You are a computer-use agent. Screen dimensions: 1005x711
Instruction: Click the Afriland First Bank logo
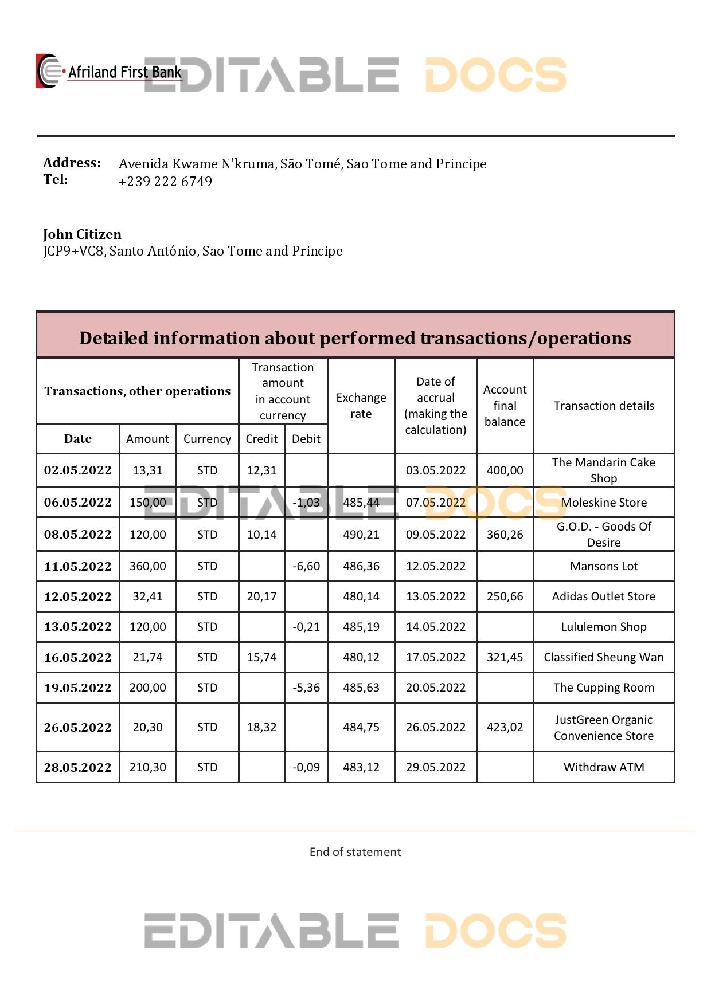click(x=109, y=72)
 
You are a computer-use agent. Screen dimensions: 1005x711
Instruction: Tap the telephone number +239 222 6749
click(x=165, y=182)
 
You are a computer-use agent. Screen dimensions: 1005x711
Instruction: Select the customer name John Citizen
click(x=82, y=234)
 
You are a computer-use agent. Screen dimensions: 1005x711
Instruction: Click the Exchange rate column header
click(x=361, y=406)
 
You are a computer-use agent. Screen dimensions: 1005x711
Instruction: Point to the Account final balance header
click(x=505, y=406)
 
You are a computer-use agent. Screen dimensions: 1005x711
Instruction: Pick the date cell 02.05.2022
click(x=78, y=470)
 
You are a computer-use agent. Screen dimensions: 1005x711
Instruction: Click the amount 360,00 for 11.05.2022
click(x=148, y=566)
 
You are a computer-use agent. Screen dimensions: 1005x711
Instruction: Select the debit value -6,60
click(x=306, y=566)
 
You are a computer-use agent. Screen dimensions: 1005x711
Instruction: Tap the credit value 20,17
click(x=261, y=596)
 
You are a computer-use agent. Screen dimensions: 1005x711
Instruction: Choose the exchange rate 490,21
click(x=361, y=535)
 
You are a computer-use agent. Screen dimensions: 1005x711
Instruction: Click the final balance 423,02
click(x=505, y=727)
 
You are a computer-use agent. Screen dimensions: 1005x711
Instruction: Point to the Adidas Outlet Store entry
click(x=604, y=596)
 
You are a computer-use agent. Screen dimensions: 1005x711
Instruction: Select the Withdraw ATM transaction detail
click(x=604, y=767)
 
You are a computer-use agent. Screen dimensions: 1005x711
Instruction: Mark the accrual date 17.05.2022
click(x=436, y=657)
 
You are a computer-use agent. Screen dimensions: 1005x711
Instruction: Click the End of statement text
click(x=355, y=852)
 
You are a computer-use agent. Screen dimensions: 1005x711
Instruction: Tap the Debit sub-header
click(x=306, y=439)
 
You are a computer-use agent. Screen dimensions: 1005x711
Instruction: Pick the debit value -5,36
click(x=306, y=688)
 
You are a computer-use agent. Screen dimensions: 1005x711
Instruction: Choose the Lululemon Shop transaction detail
click(x=604, y=627)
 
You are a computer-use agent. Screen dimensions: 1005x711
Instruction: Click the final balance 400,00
click(x=505, y=470)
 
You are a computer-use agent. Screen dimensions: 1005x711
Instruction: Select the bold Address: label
click(x=72, y=163)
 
